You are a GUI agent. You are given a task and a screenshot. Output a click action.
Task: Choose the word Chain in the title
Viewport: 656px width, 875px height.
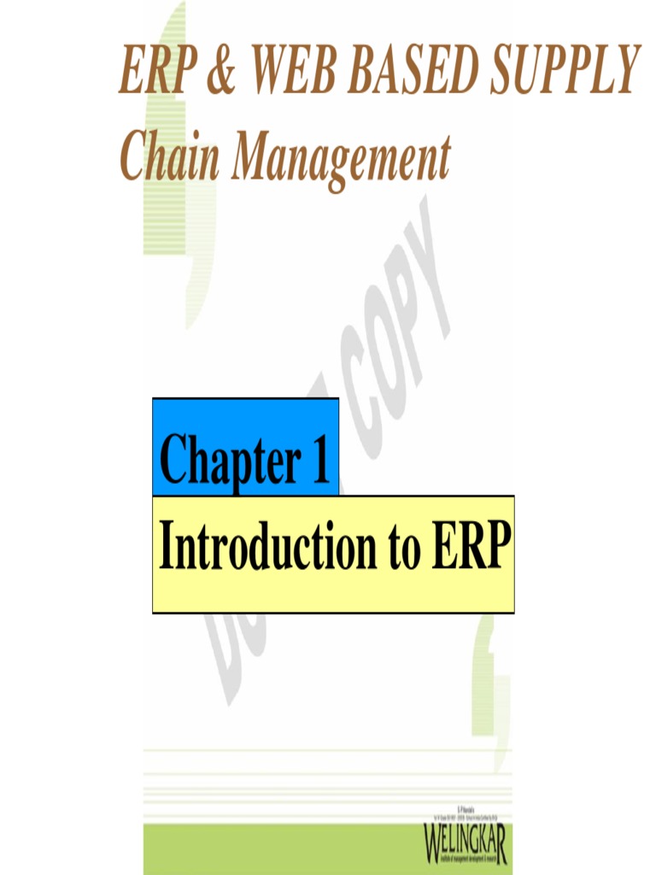[167, 159]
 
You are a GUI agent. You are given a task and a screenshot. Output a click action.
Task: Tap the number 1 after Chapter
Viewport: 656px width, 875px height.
[320, 460]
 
